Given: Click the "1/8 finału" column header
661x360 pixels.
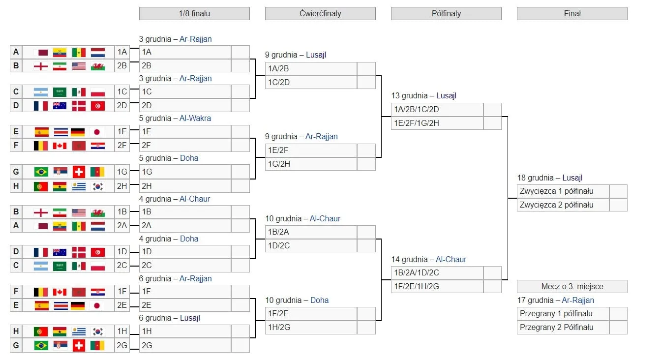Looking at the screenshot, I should (194, 13).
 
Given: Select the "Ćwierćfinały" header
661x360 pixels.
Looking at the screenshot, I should (320, 13).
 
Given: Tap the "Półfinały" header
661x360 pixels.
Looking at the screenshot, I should (446, 13).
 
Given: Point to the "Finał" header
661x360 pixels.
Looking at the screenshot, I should (572, 13).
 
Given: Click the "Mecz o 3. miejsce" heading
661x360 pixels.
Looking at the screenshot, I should (572, 286).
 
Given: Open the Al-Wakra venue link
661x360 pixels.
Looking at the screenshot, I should (195, 118).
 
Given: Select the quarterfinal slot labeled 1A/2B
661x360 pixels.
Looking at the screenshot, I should (311, 68).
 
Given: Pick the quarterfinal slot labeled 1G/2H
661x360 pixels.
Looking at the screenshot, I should (311, 164).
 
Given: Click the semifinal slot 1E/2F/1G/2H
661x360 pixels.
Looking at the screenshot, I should (437, 123).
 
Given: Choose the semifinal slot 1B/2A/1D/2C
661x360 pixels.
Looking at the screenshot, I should (437, 272).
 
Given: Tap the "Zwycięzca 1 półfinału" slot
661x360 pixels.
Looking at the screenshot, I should (563, 191).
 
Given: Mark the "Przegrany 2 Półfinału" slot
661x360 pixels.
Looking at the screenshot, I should (563, 327).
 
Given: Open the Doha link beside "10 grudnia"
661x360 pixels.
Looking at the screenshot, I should (320, 300).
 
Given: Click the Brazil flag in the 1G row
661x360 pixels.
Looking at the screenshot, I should (41, 172).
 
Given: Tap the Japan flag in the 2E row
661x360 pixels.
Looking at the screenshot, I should (97, 305).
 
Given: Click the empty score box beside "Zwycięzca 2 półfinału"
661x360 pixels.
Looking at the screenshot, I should (618, 205).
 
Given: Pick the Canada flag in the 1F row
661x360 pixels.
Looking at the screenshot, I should (60, 292).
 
